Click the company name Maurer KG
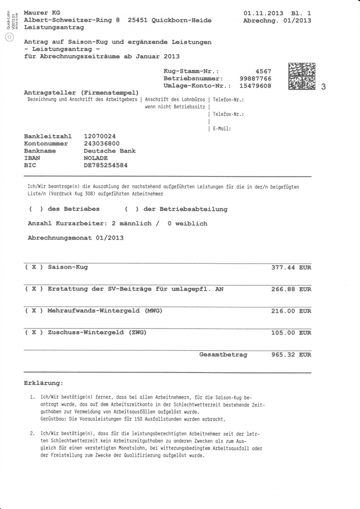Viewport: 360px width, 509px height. (42, 13)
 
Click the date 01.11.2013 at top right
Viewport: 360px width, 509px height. (264, 13)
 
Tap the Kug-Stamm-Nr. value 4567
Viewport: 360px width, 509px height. (263, 71)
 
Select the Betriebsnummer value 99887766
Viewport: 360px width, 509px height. (256, 78)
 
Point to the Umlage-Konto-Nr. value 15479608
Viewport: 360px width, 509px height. (256, 86)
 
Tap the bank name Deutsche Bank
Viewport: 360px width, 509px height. (110, 151)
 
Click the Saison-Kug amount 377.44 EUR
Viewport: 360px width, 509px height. (291, 267)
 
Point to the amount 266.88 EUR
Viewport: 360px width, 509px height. (291, 289)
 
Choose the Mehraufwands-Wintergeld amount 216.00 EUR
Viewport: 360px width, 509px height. (291, 311)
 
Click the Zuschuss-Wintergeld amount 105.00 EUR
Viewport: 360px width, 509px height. (291, 333)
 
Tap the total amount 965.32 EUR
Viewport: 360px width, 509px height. (291, 355)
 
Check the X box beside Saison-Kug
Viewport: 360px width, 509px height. (34, 267)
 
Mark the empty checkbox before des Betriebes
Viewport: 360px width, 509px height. (36, 209)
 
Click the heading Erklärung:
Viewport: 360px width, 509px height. (43, 383)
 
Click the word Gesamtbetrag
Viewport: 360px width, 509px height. (223, 355)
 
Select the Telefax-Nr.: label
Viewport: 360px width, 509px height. (229, 114)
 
